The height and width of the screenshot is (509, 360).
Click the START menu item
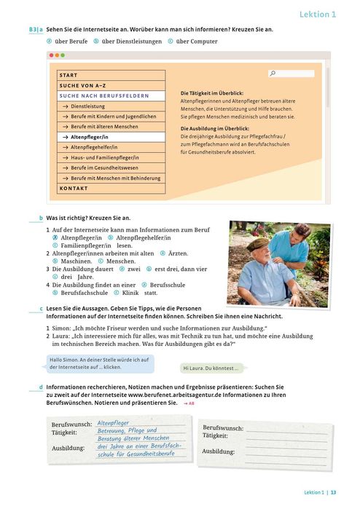coord(69,75)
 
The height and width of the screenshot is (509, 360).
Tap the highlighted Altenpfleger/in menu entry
coord(90,136)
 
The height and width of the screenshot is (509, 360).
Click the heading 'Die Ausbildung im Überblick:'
coord(216,128)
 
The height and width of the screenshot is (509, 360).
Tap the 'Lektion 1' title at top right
coord(318,14)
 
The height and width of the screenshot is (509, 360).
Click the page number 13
coord(333,492)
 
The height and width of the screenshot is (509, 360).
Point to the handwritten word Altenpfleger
coord(113,422)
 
